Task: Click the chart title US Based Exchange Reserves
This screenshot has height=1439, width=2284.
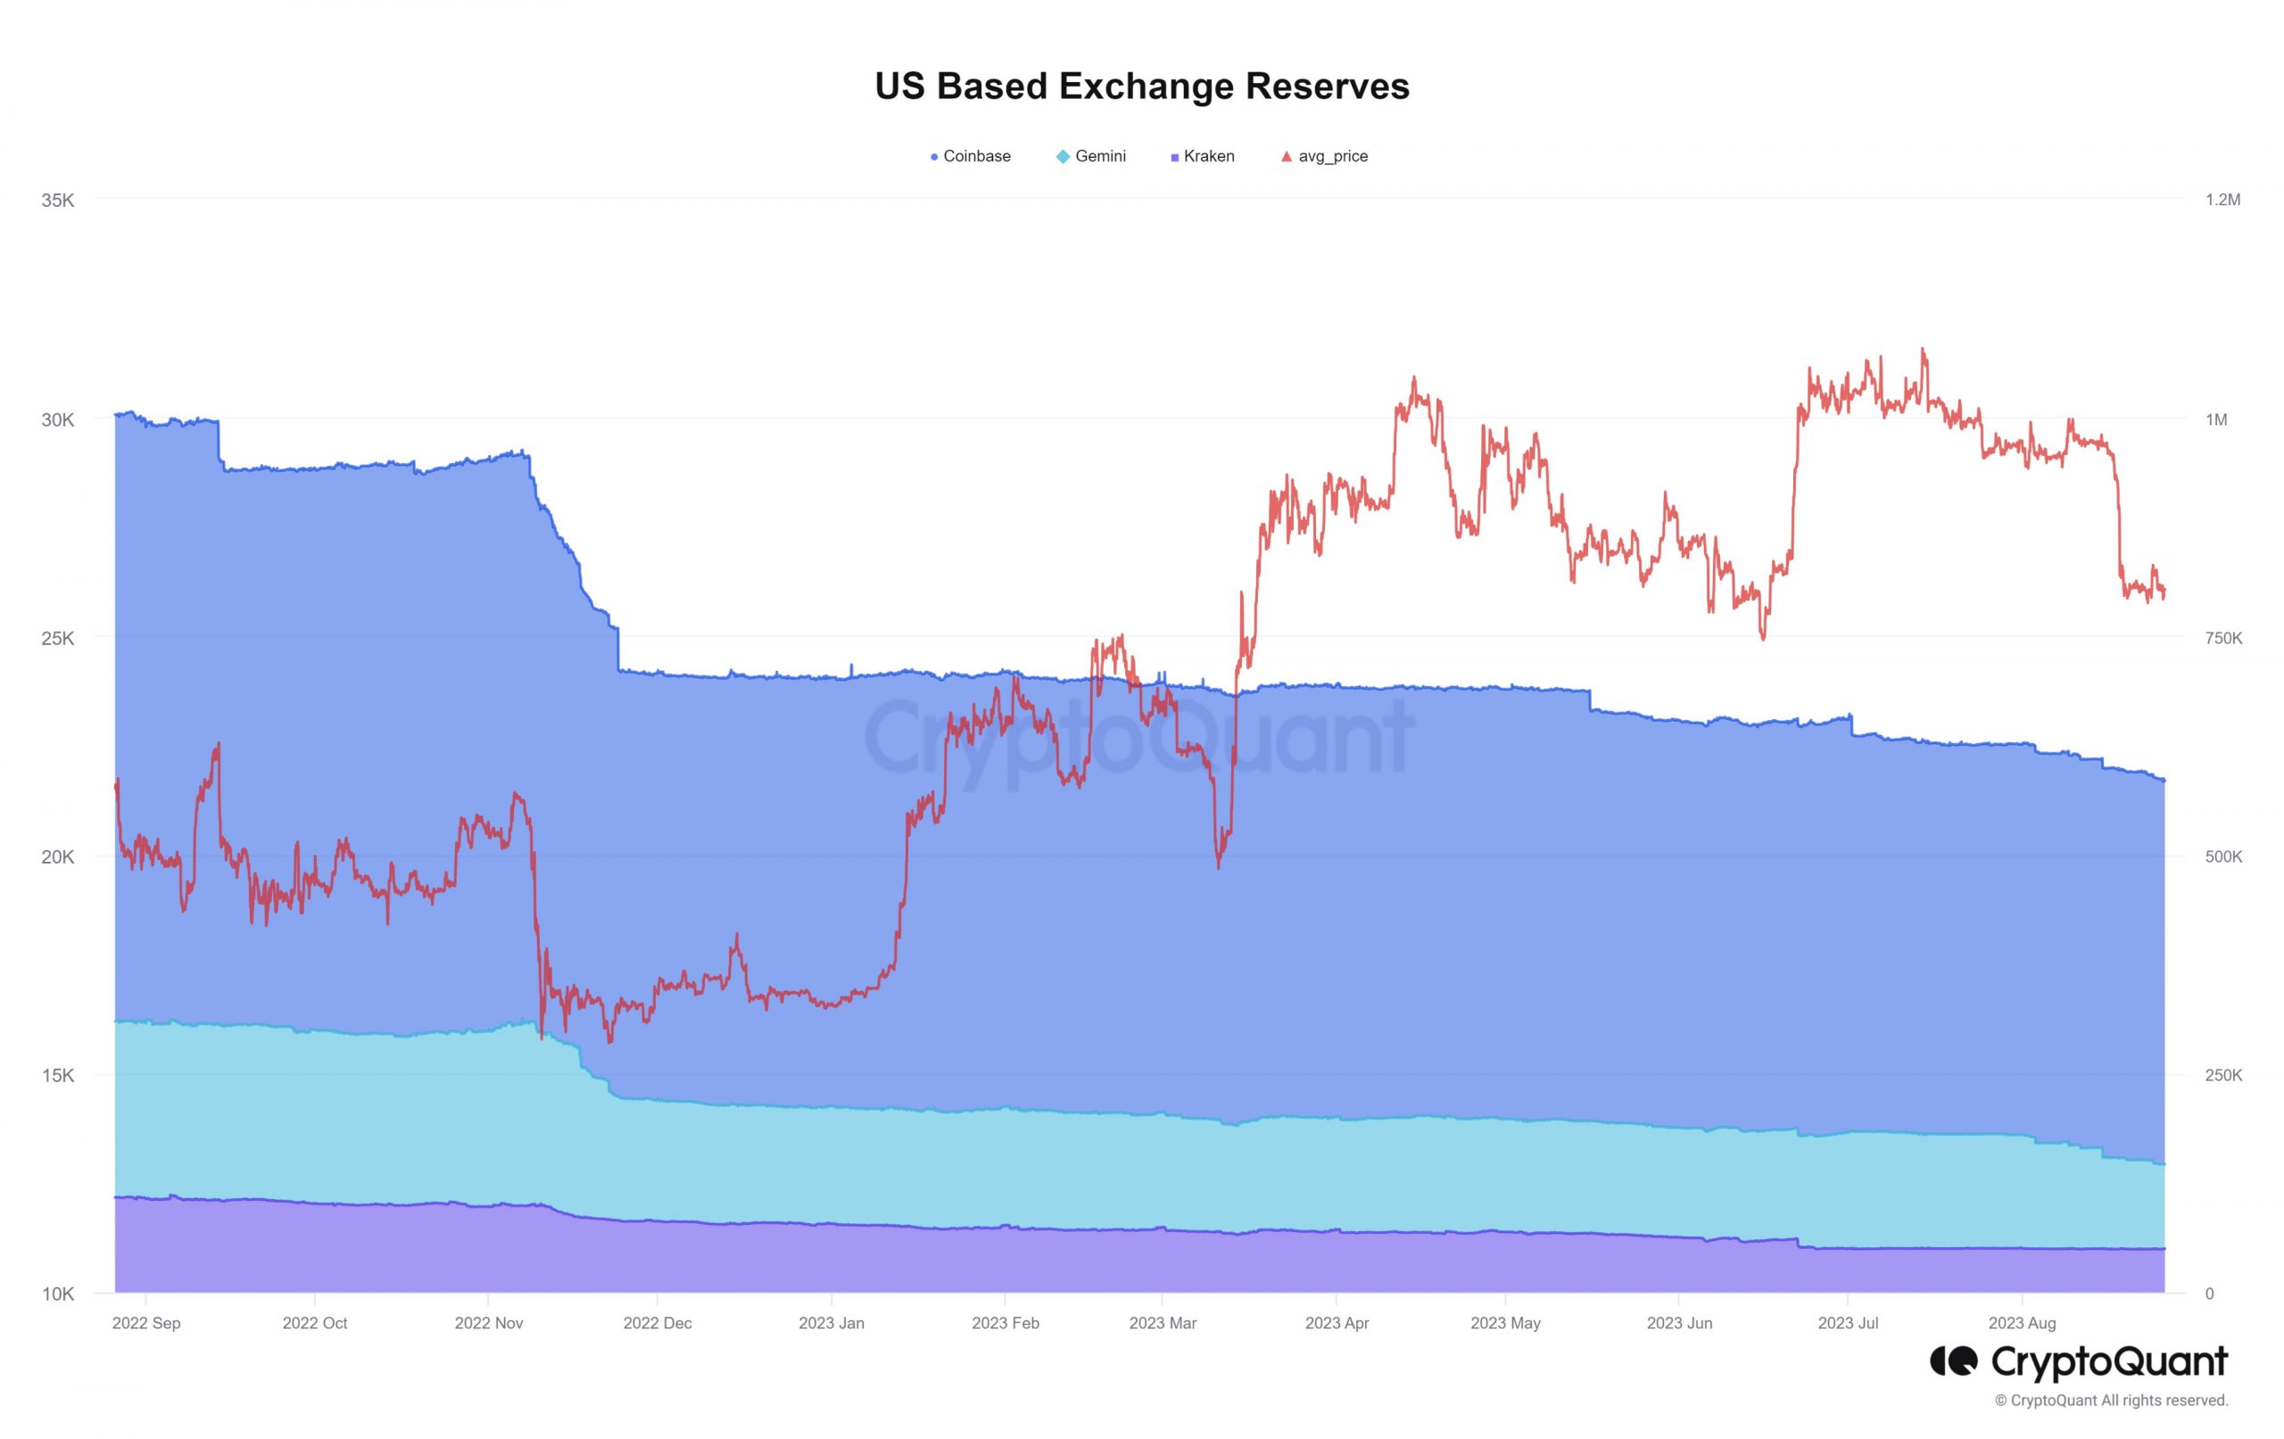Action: click(x=1141, y=87)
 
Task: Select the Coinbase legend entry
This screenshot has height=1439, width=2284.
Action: click(x=971, y=156)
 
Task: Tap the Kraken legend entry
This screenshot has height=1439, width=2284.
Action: click(x=1202, y=156)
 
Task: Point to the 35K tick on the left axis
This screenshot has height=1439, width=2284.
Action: click(x=57, y=200)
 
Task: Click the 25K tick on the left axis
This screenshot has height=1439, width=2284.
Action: click(x=57, y=639)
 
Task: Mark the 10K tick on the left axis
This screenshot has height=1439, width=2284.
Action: click(x=57, y=1294)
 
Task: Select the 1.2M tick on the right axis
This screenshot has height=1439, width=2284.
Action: click(x=2222, y=200)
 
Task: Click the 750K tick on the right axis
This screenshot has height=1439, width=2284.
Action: click(x=2222, y=639)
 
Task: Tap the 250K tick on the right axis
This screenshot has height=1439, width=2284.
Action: click(x=2222, y=1076)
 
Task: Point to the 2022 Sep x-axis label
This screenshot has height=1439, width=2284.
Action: click(x=146, y=1323)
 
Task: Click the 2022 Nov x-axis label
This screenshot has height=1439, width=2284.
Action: click(x=489, y=1323)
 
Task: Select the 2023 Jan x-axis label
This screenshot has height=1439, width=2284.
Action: click(x=831, y=1323)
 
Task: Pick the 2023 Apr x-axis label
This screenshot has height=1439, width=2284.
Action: click(x=1336, y=1323)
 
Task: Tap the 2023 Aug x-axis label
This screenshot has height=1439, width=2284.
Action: click(x=2022, y=1323)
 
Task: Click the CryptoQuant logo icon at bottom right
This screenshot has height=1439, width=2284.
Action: click(x=1954, y=1361)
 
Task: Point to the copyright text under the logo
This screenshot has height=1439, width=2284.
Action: click(x=2112, y=1401)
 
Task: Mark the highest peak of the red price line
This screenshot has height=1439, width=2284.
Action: click(x=1924, y=349)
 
